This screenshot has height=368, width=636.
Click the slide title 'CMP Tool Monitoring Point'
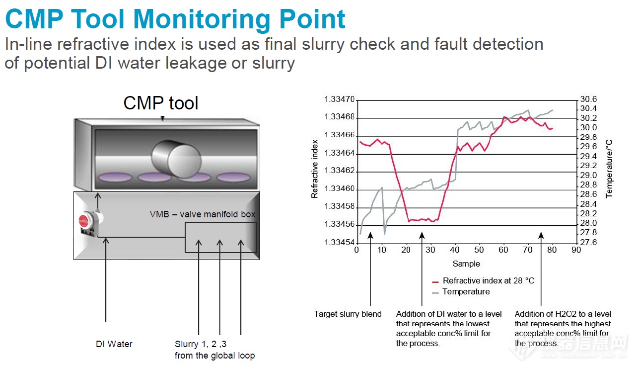point(175,19)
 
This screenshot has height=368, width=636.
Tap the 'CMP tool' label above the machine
point(161,103)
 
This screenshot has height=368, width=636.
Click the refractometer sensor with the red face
point(90,223)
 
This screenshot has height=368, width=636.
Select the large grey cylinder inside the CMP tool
point(176,158)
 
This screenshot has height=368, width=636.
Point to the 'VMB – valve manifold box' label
point(203,214)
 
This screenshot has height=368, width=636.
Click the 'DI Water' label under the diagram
point(114,344)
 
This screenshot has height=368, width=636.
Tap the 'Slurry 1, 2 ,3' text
point(201,344)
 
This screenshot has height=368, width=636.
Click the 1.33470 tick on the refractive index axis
point(340,99)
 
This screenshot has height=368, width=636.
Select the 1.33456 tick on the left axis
point(340,224)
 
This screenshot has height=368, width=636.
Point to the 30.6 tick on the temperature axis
point(588,99)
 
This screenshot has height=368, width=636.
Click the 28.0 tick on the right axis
point(588,223)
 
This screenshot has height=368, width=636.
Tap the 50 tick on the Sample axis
point(479,250)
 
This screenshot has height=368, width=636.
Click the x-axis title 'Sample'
point(466,264)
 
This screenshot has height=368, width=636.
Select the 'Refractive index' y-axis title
point(314,169)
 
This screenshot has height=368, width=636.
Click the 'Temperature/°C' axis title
point(609,169)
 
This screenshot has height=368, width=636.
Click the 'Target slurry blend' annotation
point(348,314)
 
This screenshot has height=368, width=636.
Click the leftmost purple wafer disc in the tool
point(115,177)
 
